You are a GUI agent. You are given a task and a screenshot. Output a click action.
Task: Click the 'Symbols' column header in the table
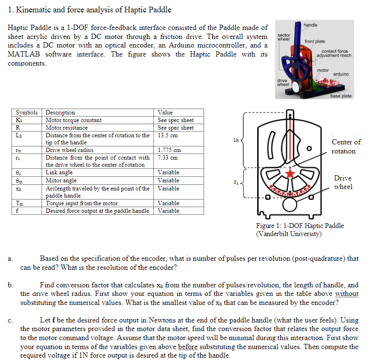tap(27, 113)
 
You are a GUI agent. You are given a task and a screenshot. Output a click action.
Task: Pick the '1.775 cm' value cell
tap(169, 150)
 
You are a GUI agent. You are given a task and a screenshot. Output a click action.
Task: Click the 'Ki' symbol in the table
tap(19, 120)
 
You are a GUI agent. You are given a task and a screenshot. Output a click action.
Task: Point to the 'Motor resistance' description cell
tap(66, 128)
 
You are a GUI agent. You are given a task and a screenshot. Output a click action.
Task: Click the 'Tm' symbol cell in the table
tap(20, 203)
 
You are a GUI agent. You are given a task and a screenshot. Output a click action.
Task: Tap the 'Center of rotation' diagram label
tap(346, 146)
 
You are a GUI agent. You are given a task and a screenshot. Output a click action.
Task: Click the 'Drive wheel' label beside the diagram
tap(343, 182)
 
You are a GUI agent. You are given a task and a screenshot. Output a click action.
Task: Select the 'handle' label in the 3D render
tap(310, 25)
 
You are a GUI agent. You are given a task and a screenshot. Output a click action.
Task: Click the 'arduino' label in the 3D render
tap(341, 74)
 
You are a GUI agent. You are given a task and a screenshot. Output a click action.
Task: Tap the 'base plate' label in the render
tap(341, 96)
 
